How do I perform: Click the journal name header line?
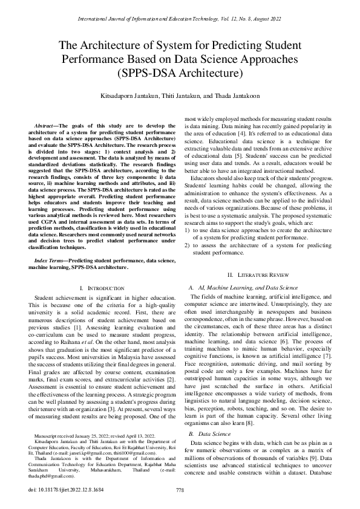coord(180,20)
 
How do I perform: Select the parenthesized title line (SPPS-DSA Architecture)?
coord(180,74)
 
